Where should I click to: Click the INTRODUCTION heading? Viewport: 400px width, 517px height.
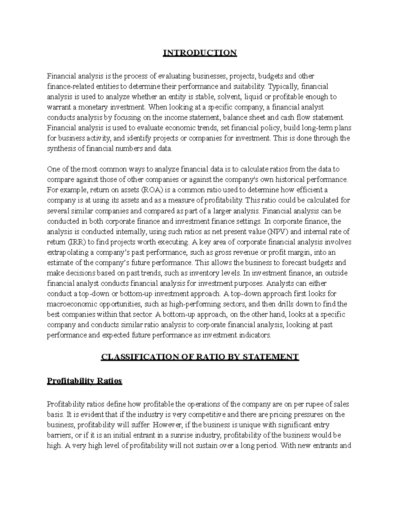(200, 53)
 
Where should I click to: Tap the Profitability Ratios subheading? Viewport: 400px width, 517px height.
(85, 381)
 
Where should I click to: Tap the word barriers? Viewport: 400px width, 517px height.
(58, 435)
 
